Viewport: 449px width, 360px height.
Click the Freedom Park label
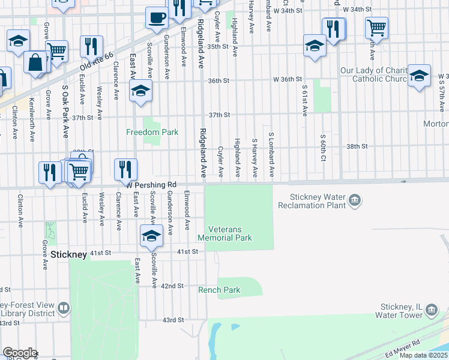152,132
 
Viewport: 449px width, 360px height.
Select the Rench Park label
219,290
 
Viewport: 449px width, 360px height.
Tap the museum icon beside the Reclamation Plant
355,200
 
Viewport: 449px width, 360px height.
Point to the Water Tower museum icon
432,310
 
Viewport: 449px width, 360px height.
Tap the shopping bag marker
35,61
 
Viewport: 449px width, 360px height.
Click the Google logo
20,353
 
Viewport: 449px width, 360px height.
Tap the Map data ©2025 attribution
423,355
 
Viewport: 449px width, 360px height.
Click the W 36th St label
287,79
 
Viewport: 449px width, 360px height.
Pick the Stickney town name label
68,254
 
